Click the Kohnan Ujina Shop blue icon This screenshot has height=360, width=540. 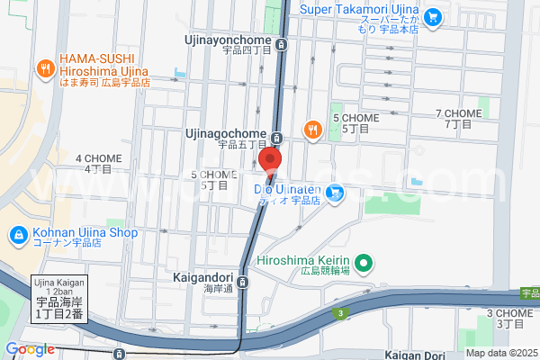17,235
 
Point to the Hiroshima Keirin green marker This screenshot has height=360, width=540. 364,265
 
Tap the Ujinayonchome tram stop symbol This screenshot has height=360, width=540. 283,43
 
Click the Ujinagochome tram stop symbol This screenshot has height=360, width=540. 276,138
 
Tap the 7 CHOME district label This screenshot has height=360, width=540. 459,119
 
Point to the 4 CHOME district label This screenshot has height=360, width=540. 98,163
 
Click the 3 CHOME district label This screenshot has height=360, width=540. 509,318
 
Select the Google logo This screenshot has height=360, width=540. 30,349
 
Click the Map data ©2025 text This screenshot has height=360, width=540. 499,352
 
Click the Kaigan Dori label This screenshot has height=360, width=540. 421,355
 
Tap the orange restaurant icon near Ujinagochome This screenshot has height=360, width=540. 312,129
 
